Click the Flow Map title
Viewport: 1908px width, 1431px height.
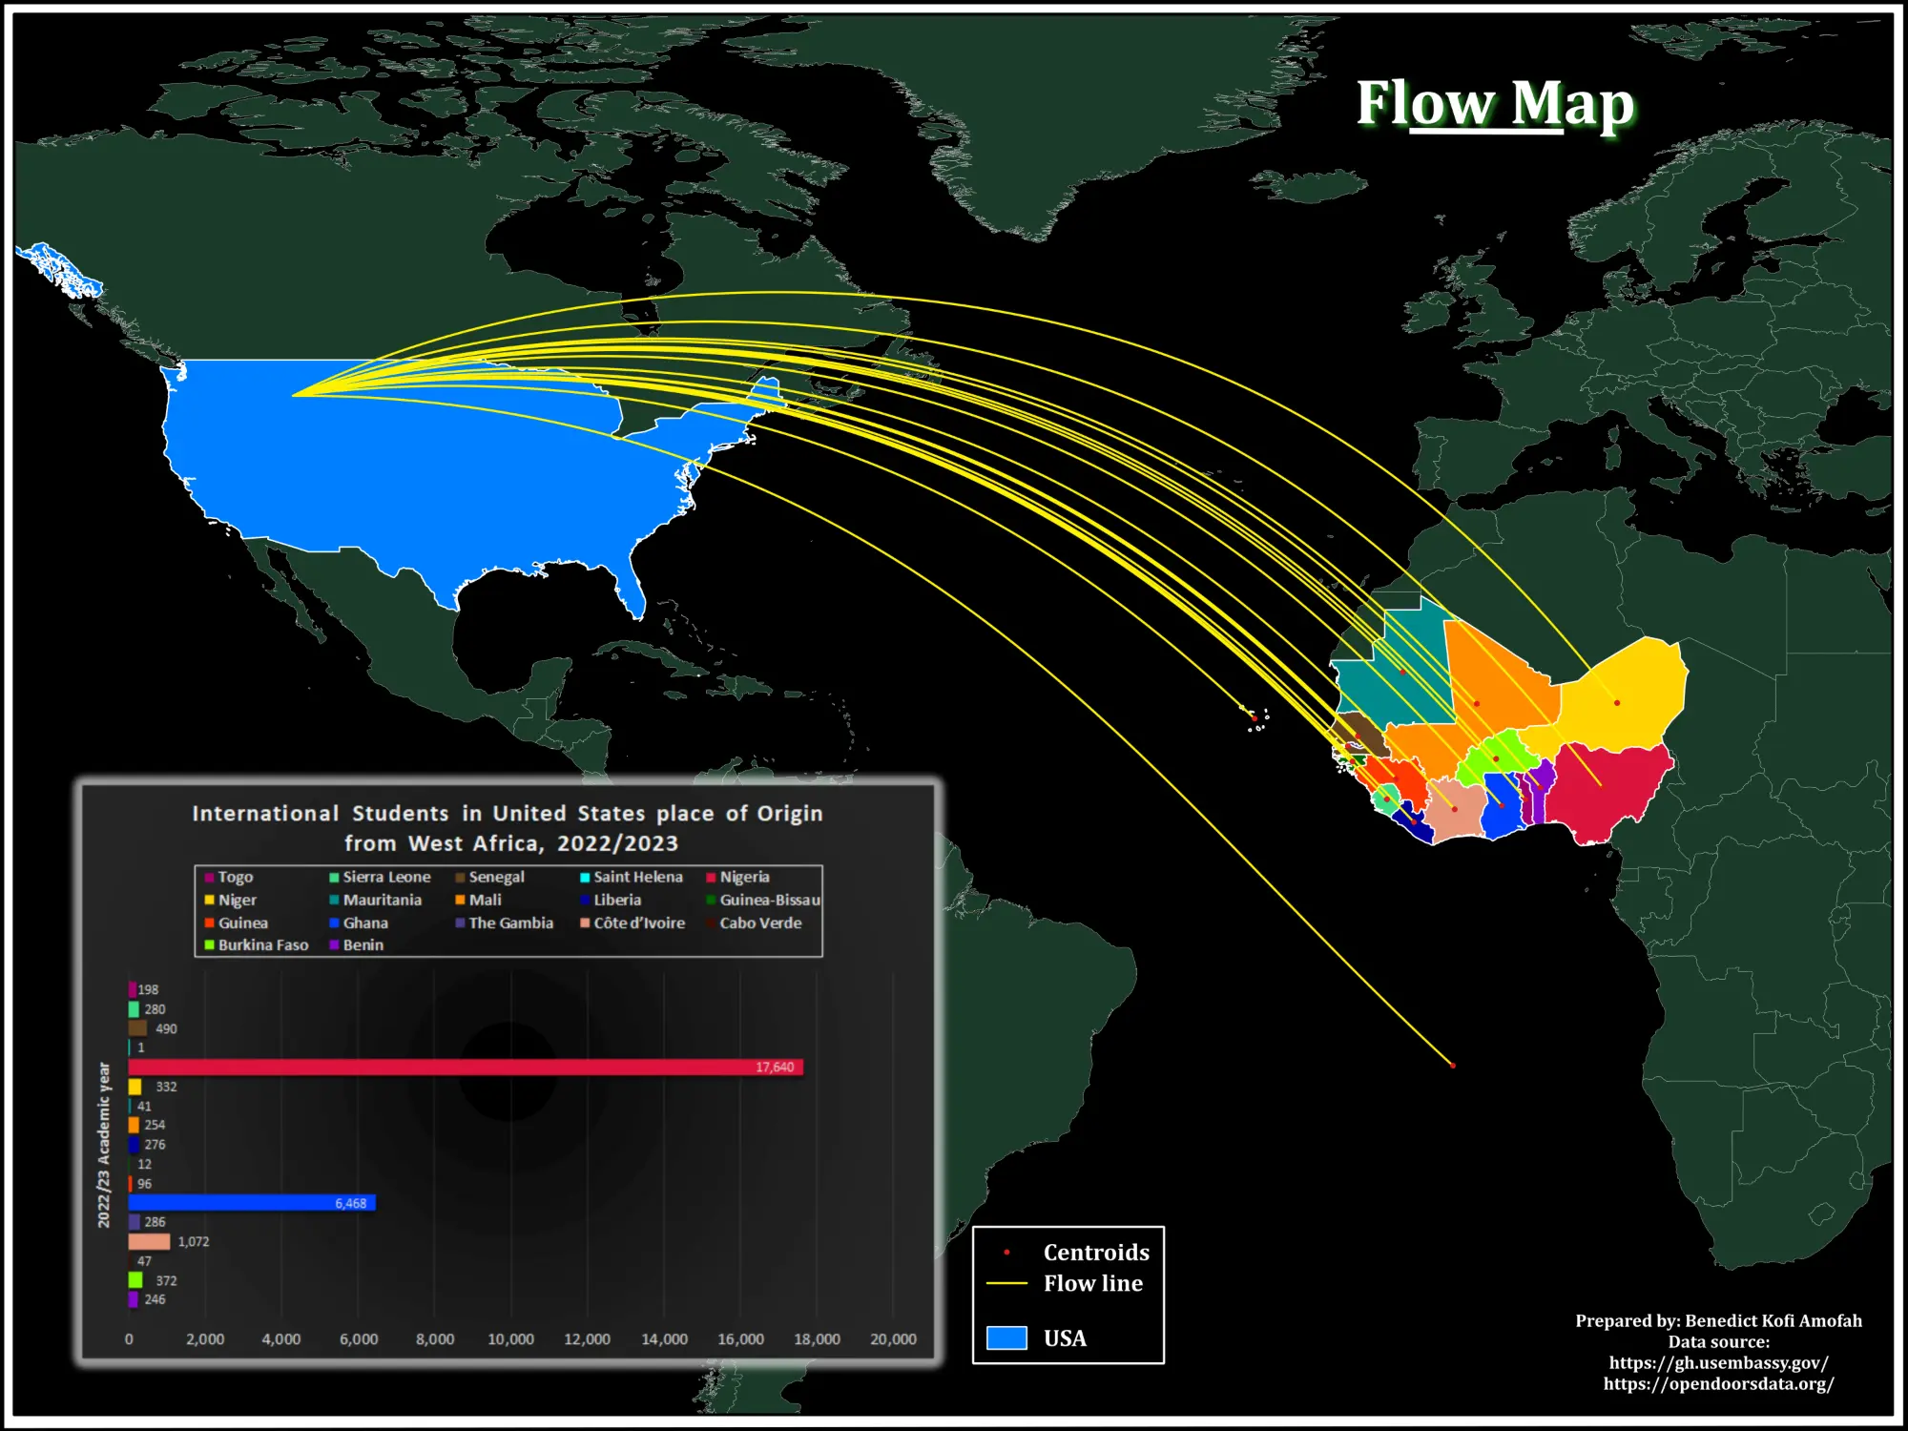point(1495,103)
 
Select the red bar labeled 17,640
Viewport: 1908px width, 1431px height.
point(466,1067)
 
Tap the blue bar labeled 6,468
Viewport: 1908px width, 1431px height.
point(252,1203)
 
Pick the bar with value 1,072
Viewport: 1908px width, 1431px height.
point(149,1241)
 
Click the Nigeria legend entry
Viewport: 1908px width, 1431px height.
point(743,877)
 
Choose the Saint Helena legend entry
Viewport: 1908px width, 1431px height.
point(636,877)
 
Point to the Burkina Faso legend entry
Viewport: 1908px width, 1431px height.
point(262,944)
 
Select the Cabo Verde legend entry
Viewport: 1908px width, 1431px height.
point(759,923)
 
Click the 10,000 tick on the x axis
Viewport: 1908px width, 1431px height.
point(510,1339)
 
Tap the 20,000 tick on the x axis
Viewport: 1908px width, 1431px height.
point(893,1339)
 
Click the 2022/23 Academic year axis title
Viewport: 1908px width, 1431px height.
point(104,1145)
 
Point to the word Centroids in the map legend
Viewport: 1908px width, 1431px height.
point(1096,1252)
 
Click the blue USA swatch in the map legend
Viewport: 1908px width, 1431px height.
point(1006,1338)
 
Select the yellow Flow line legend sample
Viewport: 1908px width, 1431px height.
point(1006,1283)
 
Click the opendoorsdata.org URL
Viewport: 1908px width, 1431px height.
point(1718,1383)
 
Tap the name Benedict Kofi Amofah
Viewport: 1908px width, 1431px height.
point(1773,1320)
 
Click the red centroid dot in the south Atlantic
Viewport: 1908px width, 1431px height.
point(1453,1066)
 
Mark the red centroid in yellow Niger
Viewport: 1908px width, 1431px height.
point(1617,703)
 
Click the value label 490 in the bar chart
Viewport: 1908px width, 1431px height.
point(166,1028)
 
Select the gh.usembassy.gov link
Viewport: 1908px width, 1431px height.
point(1718,1362)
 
